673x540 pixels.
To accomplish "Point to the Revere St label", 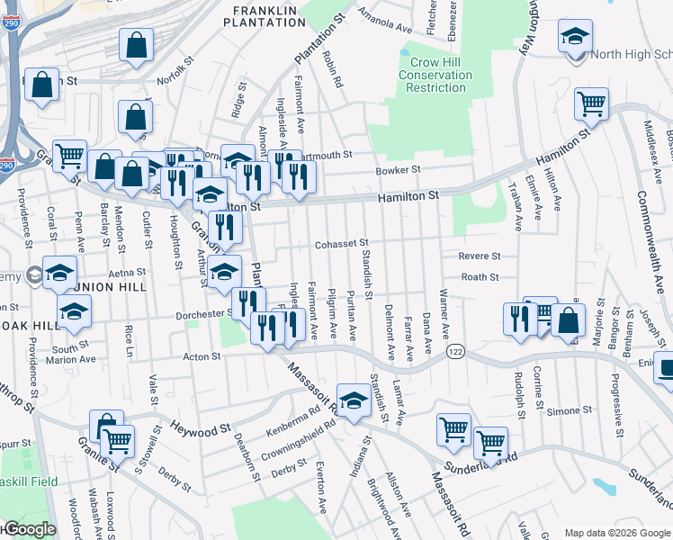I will tap(479, 256).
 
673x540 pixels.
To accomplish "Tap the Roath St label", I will tap(480, 278).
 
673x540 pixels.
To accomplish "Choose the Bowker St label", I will tap(398, 170).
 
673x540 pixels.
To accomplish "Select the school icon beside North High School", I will tap(573, 39).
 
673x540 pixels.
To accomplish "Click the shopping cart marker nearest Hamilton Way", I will tap(591, 105).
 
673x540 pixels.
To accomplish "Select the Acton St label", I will tap(202, 357).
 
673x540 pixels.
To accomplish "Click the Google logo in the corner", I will tap(29, 530).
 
